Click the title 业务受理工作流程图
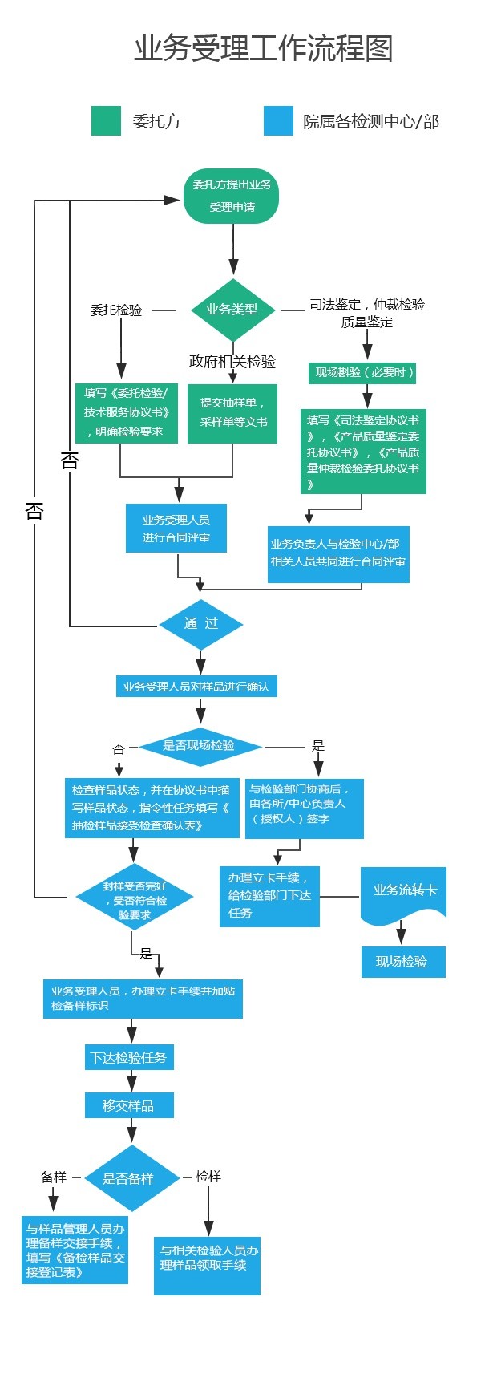[263, 49]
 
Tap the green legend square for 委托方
[106, 121]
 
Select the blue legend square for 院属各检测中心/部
[278, 121]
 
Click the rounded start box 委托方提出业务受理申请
[232, 196]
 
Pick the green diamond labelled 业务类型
[232, 310]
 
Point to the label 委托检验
[116, 310]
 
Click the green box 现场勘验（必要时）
[364, 372]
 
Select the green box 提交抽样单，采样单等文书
[232, 413]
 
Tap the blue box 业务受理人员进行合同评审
[176, 528]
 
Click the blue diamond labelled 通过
[200, 624]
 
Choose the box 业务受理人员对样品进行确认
[196, 687]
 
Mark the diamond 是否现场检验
[200, 746]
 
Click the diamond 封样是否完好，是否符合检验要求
[134, 897]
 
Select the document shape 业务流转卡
[404, 892]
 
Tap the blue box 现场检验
[402, 962]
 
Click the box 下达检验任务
[128, 1057]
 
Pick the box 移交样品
[128, 1105]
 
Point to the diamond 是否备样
[131, 1178]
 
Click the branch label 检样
[208, 1177]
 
